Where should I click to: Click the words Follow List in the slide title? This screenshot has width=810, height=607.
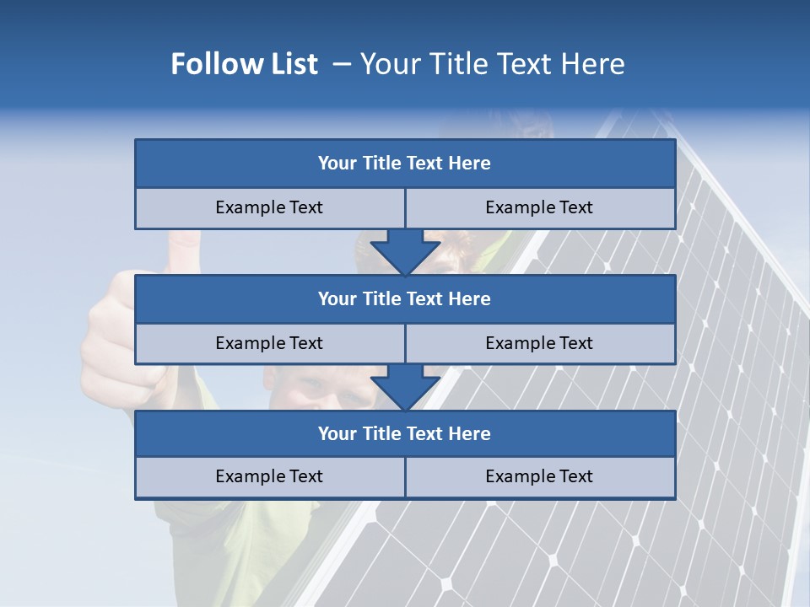pyautogui.click(x=245, y=64)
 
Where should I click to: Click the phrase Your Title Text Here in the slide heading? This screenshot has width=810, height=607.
pyautogui.click(x=492, y=64)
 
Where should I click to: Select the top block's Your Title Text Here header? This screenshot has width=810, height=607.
pyautogui.click(x=404, y=164)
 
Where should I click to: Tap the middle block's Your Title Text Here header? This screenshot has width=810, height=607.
pyautogui.click(x=404, y=298)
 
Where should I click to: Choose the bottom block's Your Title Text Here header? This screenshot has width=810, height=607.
pyautogui.click(x=404, y=433)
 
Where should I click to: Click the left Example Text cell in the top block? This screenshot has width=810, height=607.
pyautogui.click(x=269, y=207)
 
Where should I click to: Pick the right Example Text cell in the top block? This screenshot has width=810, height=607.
pyautogui.click(x=539, y=207)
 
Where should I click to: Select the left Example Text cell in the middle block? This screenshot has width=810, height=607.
pyautogui.click(x=269, y=343)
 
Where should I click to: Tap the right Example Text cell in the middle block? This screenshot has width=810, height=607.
pyautogui.click(x=539, y=343)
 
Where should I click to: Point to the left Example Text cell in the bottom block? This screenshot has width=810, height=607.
pyautogui.click(x=269, y=476)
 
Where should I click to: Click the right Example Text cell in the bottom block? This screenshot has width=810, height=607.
pyautogui.click(x=539, y=476)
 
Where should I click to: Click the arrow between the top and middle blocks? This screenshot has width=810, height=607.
pyautogui.click(x=405, y=253)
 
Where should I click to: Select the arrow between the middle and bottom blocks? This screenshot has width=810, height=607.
pyautogui.click(x=405, y=389)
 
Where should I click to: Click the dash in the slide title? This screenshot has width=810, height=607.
pyautogui.click(x=342, y=64)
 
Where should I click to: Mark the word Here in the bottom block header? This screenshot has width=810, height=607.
pyautogui.click(x=470, y=433)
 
